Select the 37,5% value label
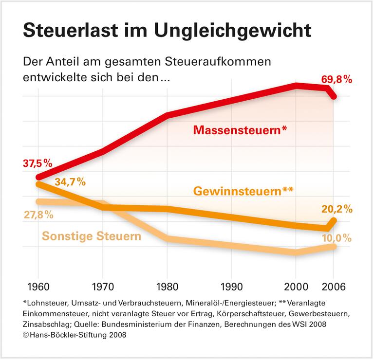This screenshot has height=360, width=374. point(37,163)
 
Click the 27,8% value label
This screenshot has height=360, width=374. point(38,215)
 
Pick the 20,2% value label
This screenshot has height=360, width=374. point(337,209)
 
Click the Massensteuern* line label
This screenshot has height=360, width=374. point(240,130)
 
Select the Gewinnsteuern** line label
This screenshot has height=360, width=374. point(243,191)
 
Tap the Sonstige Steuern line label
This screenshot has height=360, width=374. point(92,236)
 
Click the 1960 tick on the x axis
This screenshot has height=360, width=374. point(37,286)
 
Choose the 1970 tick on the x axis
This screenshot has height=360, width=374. point(102,286)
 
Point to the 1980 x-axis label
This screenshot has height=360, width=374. point(167,286)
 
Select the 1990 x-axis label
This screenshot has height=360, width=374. point(231,286)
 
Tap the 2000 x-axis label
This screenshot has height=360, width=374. point(296,286)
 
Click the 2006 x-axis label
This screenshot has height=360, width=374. point(334,286)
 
